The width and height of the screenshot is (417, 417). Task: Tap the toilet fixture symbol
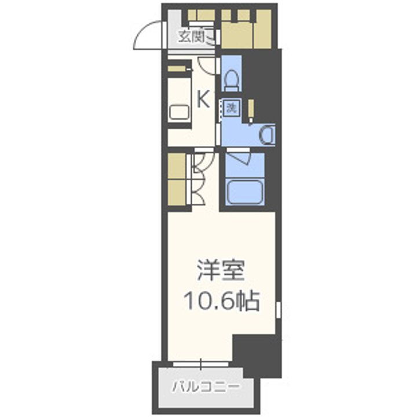coord(231,80)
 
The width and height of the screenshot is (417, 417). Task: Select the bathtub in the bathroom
coord(245,192)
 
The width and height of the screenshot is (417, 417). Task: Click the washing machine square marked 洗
coord(232,108)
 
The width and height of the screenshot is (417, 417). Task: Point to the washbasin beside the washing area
coord(267,135)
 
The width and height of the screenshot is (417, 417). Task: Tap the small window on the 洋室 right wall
coord(278,310)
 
